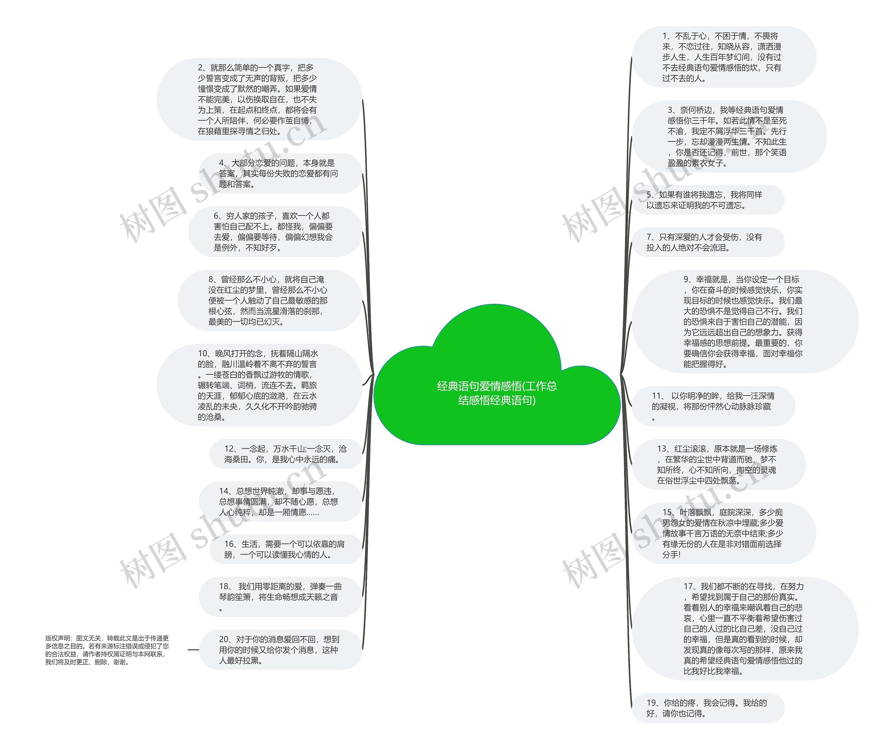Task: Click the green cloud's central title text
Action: point(497,393)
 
